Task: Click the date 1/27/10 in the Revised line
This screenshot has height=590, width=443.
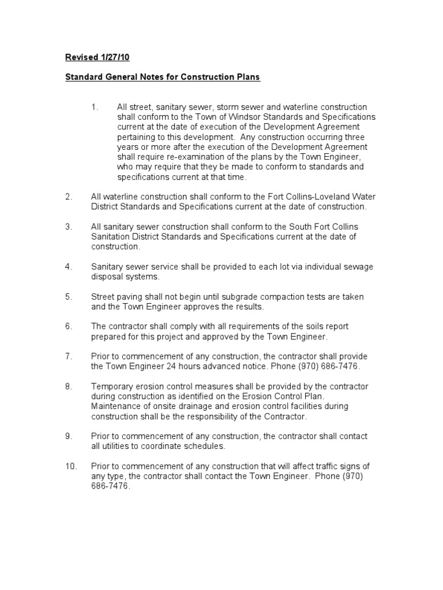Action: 118,58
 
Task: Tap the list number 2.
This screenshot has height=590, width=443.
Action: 69,196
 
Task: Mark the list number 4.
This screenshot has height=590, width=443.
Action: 69,267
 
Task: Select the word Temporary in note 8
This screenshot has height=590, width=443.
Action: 112,386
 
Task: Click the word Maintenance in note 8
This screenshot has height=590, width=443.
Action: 116,406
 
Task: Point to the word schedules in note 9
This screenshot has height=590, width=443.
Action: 205,447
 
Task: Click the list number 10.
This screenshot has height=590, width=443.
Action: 70,466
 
